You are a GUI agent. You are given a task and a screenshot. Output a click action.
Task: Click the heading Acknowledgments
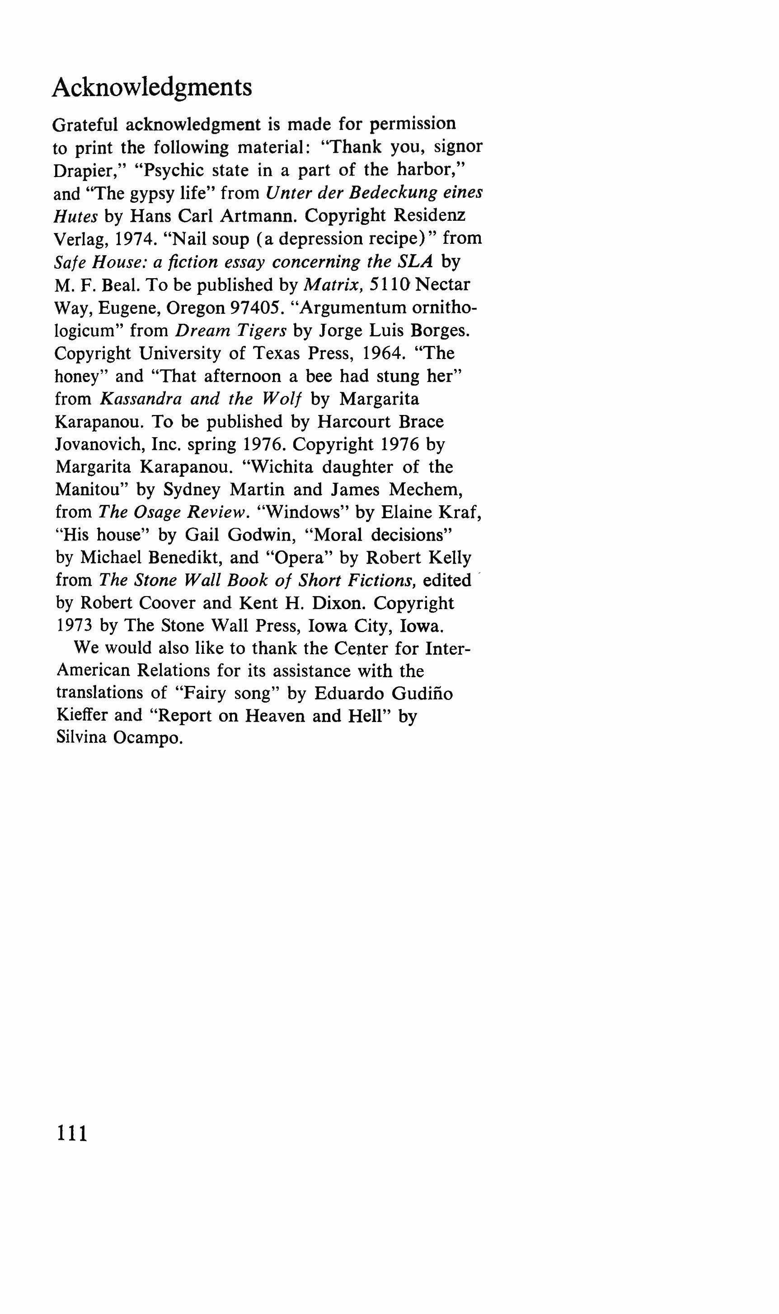(x=152, y=87)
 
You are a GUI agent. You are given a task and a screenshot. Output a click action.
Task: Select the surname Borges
(x=438, y=331)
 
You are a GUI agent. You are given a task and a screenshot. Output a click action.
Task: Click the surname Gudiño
(x=422, y=694)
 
